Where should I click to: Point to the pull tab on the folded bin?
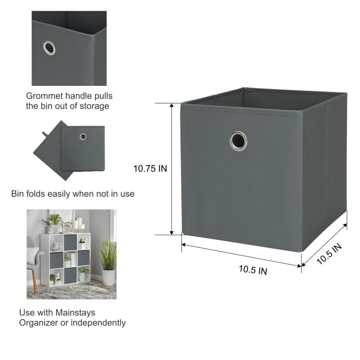pos(45,134)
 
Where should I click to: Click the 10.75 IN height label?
pos(150,168)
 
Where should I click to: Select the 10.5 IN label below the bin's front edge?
pos(253,270)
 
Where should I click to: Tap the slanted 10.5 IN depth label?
pos(329,253)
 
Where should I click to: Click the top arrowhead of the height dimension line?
pos(171,105)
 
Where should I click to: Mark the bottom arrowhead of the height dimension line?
pos(171,233)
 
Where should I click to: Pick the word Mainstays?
pos(75,313)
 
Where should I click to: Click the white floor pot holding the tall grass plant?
pos(108,278)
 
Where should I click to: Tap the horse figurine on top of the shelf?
pos(66,226)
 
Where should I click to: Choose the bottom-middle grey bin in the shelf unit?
pos(70,275)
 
